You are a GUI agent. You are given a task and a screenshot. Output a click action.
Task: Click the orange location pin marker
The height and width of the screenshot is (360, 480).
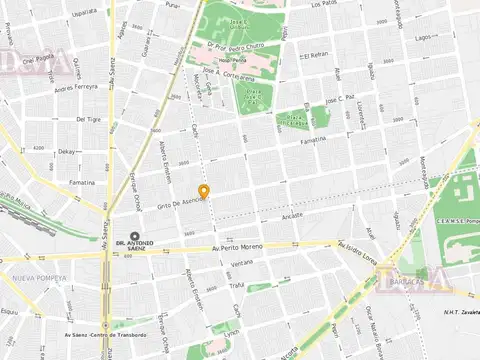[204, 192]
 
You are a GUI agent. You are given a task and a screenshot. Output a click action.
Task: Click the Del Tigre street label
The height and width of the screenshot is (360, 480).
[88, 118]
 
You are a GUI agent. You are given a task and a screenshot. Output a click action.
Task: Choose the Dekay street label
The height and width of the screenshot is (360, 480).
[67, 152]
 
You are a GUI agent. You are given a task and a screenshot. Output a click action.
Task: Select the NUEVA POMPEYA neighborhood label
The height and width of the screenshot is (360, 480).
[39, 278]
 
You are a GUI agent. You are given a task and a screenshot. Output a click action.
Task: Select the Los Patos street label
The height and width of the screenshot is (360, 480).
[325, 4]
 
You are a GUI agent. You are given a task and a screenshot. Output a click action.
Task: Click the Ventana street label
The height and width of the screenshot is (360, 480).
[242, 263]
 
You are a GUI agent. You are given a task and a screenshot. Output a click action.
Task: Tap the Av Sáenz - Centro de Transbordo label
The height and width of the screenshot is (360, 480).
[110, 335]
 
